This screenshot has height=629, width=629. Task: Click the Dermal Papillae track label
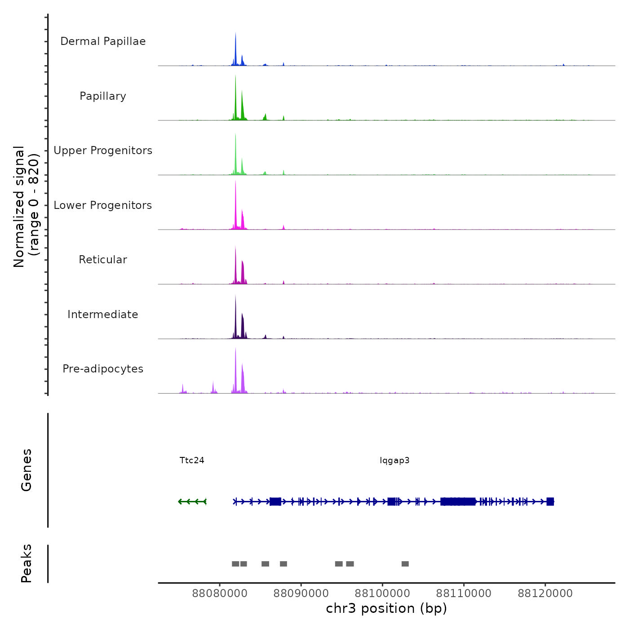coord(103,41)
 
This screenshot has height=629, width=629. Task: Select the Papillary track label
coord(103,96)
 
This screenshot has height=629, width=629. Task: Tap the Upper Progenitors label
coord(103,151)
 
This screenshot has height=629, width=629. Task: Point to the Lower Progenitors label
coord(103,205)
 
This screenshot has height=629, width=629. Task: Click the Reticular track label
coord(103,260)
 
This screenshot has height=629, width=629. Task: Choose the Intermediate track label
coord(103,314)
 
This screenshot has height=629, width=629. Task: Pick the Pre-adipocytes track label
coord(103,369)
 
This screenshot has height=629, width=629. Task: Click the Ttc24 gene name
coord(192,461)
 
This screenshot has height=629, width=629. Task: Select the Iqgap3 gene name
coord(394,461)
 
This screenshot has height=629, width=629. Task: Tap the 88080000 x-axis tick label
coord(220,594)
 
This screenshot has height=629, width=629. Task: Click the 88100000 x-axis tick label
coord(382,594)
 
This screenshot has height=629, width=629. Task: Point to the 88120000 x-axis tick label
coord(545,594)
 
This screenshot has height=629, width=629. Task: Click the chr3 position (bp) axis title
coord(386,609)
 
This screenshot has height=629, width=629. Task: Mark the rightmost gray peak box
coord(405,564)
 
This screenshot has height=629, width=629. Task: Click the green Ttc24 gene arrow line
coord(192,501)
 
